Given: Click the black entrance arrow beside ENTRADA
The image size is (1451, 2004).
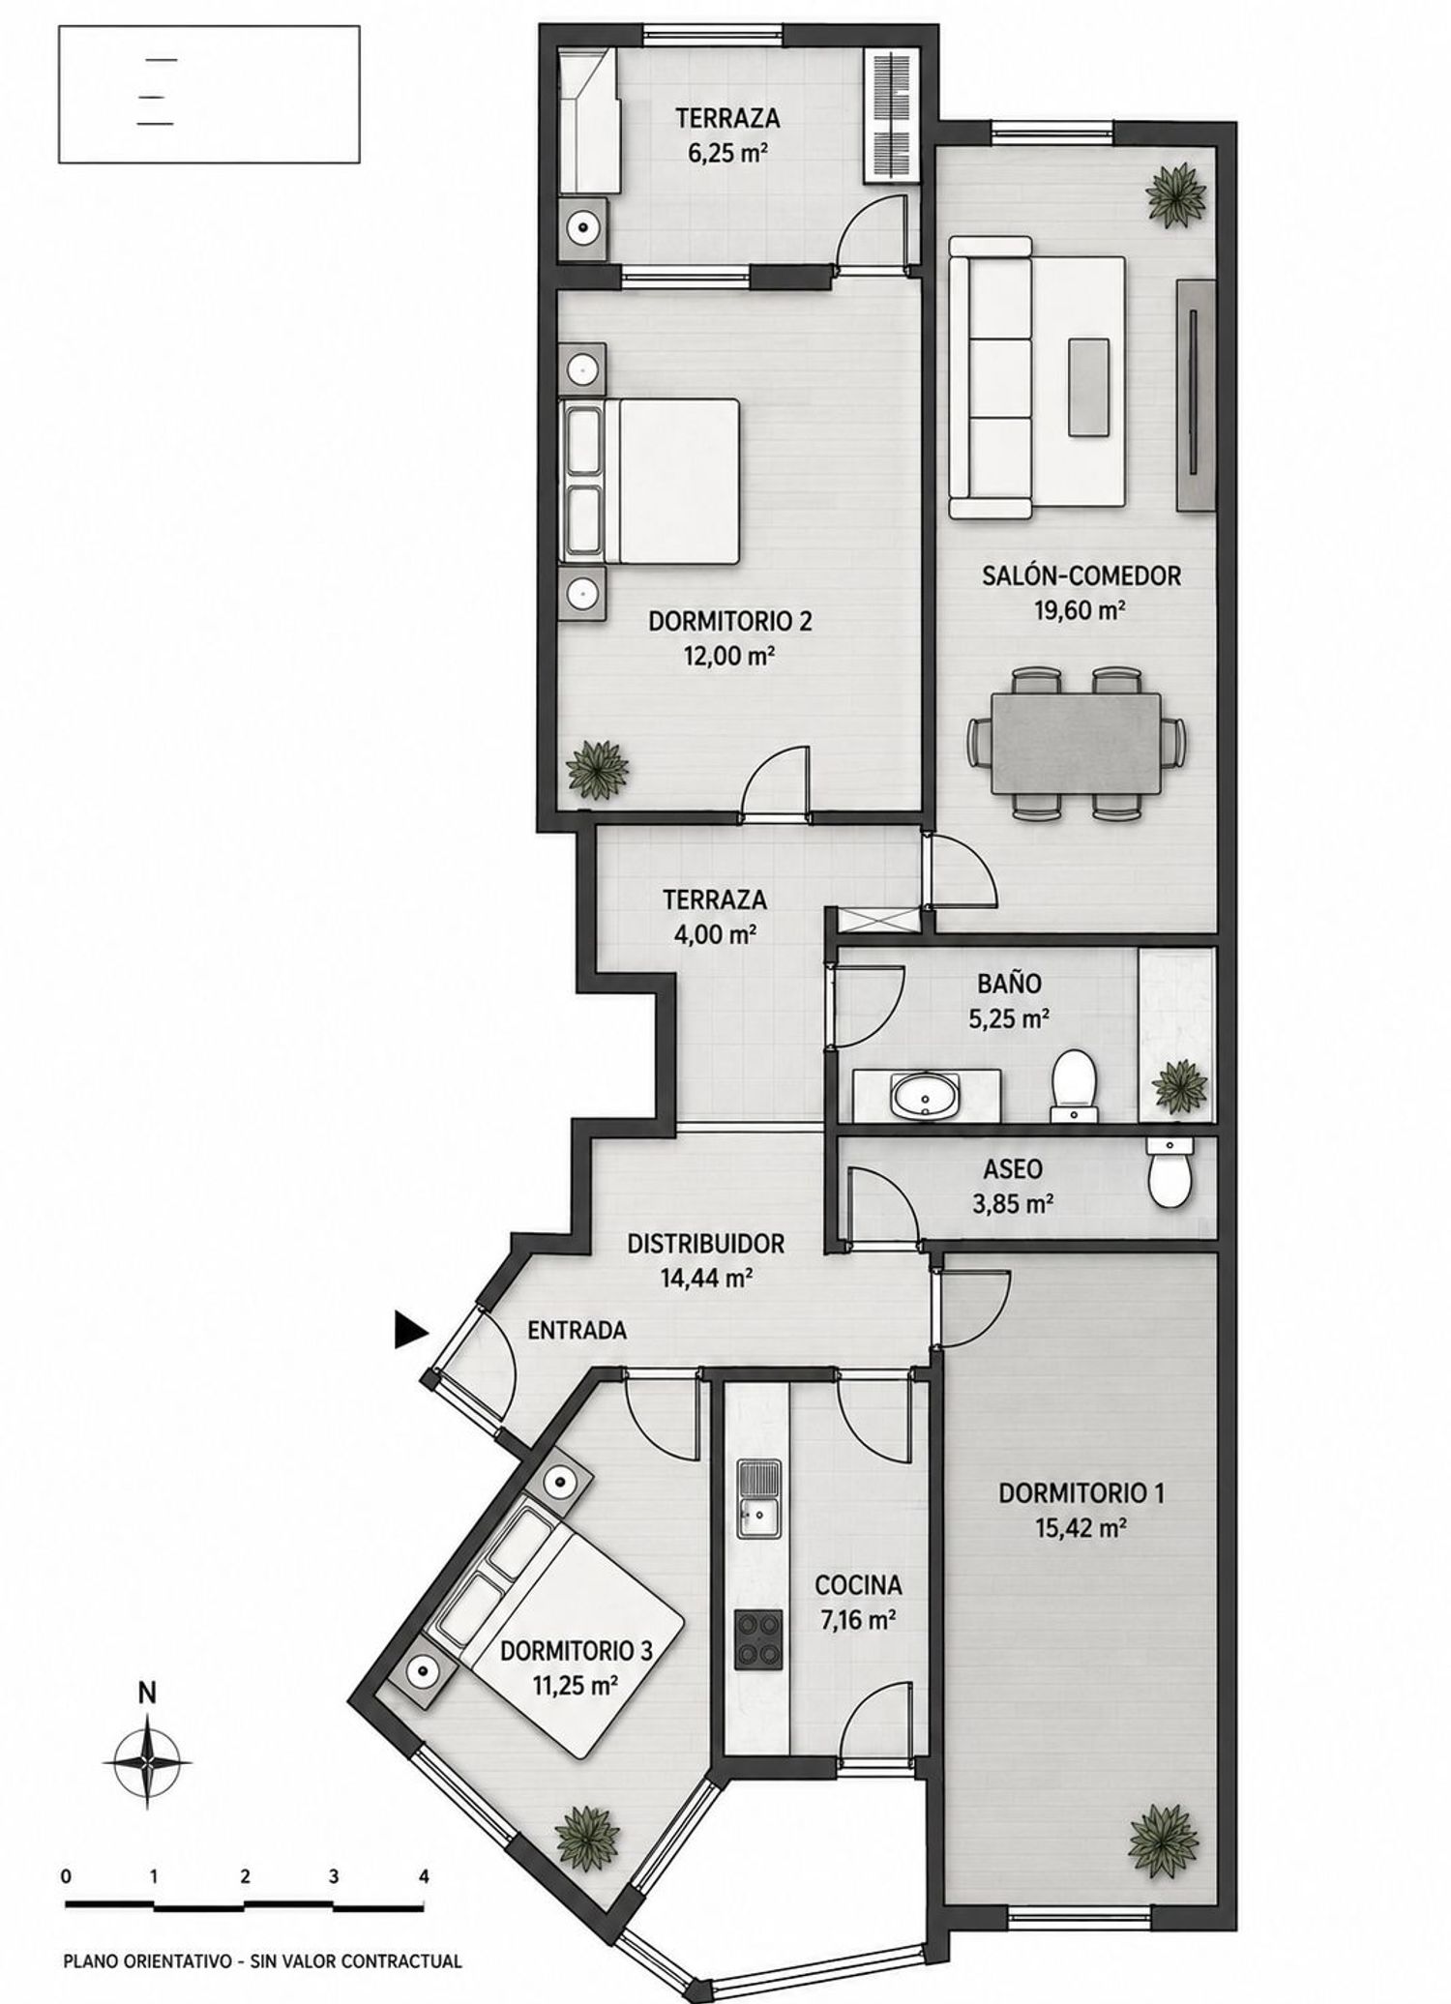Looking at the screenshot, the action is pos(410,1329).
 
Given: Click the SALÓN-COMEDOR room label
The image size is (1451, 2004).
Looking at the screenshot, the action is pos(1081,576).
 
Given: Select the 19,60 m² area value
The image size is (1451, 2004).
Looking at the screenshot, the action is pos(1081,610).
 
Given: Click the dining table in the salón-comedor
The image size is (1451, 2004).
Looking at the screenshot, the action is pos(1077,743).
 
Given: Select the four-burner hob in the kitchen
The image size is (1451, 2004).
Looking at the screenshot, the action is pos(758,1639).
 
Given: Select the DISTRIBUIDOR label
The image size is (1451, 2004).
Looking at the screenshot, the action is pos(705,1244).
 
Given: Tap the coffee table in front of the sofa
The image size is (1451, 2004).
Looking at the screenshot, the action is pos(1089,387).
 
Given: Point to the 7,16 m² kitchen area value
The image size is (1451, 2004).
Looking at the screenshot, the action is pos(857,1620).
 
